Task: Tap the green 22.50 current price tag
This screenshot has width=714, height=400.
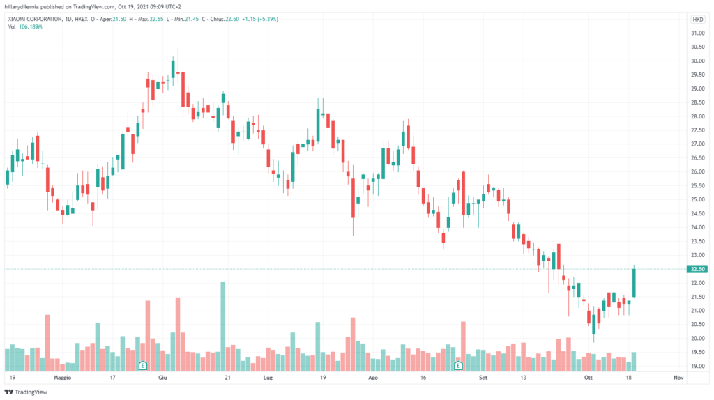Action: point(695,269)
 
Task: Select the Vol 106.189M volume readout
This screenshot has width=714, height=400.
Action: point(25,26)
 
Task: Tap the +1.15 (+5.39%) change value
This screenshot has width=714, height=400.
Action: point(258,19)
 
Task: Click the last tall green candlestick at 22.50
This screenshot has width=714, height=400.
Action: point(635,283)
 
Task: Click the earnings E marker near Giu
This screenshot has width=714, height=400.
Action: point(142,365)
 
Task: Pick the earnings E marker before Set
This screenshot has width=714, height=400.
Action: point(458,365)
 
